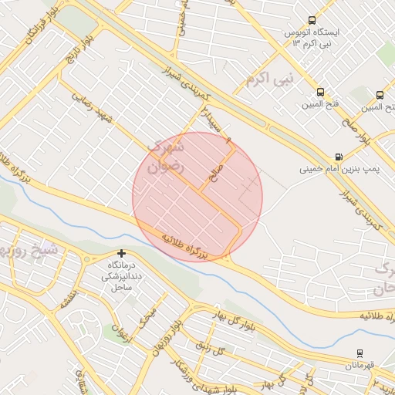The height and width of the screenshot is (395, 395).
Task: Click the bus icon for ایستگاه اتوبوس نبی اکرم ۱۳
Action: click(x=312, y=21)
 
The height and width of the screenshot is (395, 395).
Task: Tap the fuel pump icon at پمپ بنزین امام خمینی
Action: click(x=339, y=157)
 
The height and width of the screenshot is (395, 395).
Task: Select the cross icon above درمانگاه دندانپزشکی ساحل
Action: click(x=121, y=253)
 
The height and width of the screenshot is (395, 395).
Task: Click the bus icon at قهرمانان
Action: click(x=360, y=353)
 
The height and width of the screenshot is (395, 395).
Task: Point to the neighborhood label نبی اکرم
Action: click(x=270, y=79)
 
